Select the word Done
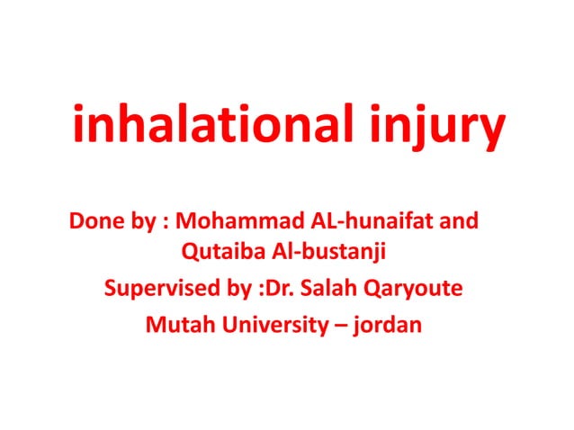click(x=94, y=221)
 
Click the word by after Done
click(x=146, y=222)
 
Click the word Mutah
click(x=175, y=324)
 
